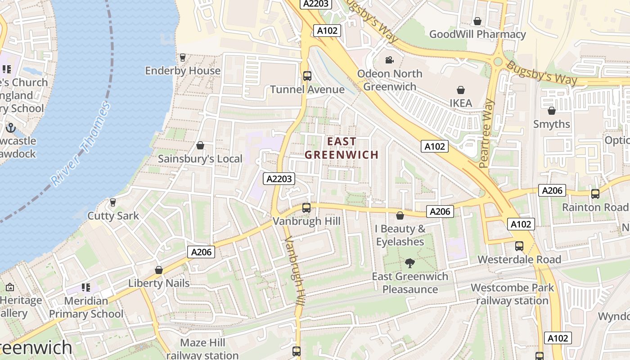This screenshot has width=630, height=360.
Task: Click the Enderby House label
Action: (183, 71)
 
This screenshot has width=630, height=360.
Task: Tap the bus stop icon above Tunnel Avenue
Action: (307, 76)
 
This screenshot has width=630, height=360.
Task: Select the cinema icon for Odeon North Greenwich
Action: (389, 60)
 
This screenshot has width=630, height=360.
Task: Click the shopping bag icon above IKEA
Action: (461, 90)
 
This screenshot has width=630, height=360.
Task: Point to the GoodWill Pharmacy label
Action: (477, 34)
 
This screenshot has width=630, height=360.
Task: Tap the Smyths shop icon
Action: (552, 111)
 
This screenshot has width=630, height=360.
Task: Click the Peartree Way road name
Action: (487, 133)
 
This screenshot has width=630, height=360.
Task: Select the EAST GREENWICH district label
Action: (342, 148)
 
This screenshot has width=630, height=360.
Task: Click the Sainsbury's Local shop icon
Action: (200, 145)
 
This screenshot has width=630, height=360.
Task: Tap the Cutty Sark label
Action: (113, 216)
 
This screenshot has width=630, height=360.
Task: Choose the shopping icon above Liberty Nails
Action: (158, 270)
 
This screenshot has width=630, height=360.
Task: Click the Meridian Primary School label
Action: (86, 307)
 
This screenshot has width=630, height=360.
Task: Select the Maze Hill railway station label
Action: (202, 349)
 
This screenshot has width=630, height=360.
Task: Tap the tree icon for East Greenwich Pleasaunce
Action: (409, 263)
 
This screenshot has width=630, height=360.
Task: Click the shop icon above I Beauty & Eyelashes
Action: (400, 216)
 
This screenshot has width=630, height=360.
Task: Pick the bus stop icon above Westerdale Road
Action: (519, 246)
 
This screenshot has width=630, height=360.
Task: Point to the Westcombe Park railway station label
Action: (512, 294)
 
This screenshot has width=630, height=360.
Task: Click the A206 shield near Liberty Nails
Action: (201, 252)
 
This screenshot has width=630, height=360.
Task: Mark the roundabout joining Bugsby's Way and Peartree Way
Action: (498, 62)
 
